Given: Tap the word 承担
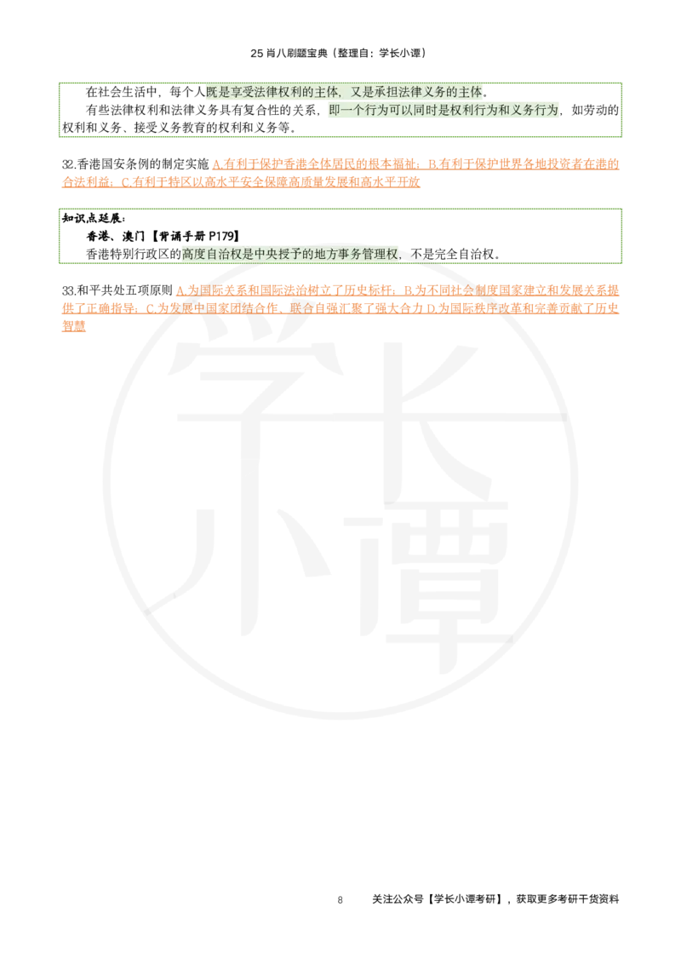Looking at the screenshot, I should pos(386,93).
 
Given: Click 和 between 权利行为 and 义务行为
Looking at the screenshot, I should pos(506,112).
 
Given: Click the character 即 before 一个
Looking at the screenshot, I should pos(334,112).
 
